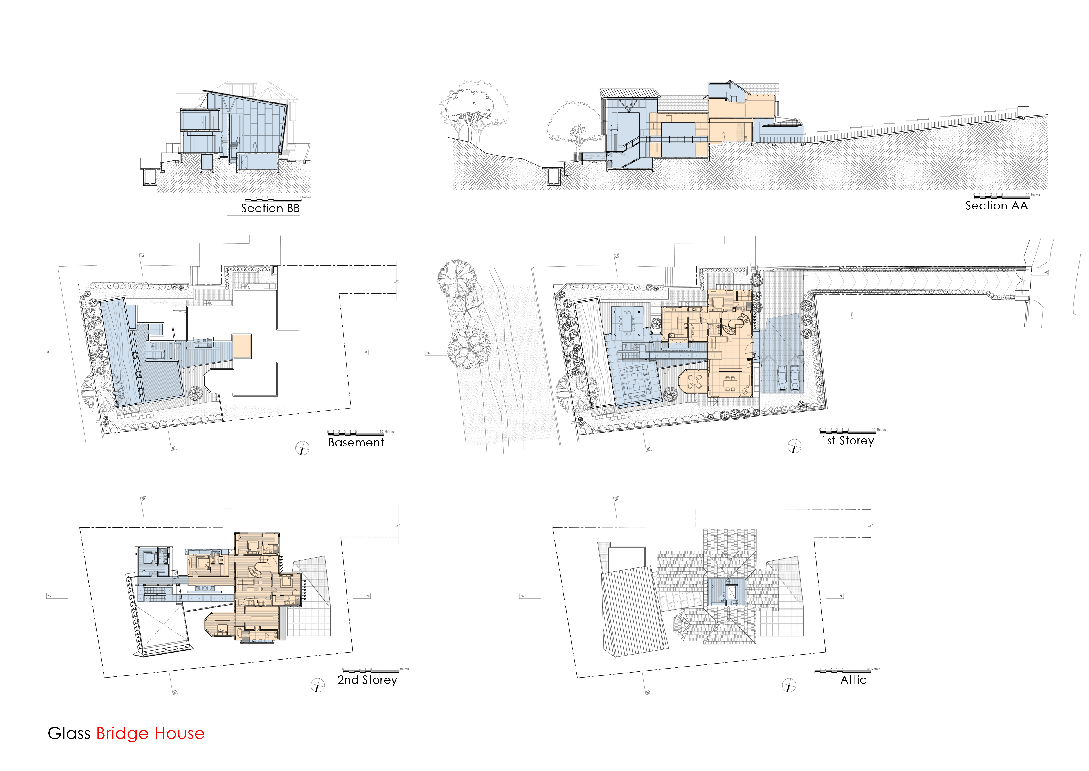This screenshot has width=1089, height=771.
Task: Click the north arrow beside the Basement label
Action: tap(302, 448)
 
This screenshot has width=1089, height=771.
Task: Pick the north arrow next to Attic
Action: tap(789, 685)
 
